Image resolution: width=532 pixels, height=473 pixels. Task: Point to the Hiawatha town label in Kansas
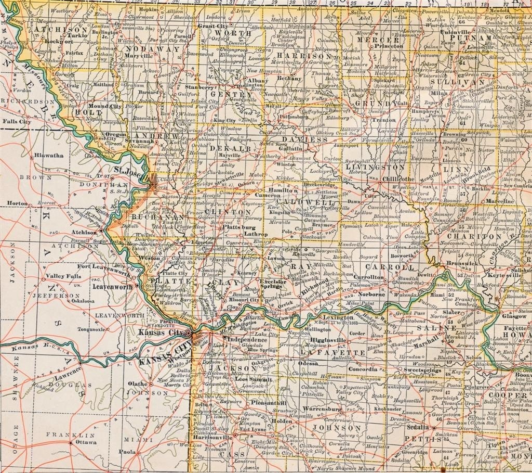(49, 155)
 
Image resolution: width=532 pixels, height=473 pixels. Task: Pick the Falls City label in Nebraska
(17, 121)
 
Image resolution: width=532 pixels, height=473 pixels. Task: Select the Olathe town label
(138, 383)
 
